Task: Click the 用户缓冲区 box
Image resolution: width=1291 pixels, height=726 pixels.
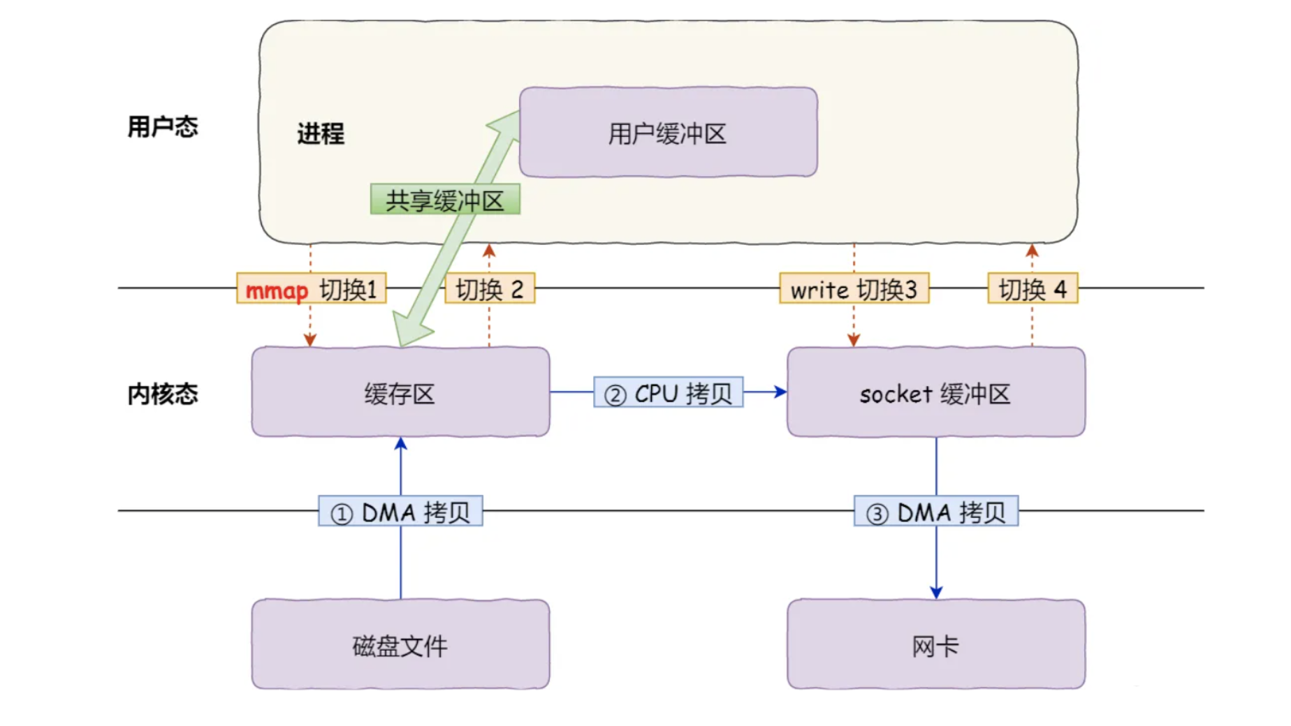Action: click(x=668, y=133)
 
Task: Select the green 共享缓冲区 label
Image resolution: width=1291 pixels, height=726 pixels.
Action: click(x=445, y=200)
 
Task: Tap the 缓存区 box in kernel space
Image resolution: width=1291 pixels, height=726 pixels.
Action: click(x=400, y=393)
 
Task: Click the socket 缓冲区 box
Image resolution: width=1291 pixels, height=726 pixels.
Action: click(x=935, y=393)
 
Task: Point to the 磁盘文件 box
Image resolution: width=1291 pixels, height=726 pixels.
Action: click(x=400, y=645)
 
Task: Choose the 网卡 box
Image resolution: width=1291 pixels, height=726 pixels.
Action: click(x=935, y=645)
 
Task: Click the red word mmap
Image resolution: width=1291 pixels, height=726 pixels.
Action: click(x=277, y=290)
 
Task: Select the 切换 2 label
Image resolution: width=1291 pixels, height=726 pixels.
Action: click(x=490, y=289)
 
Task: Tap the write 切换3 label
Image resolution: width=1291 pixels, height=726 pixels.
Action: click(x=854, y=289)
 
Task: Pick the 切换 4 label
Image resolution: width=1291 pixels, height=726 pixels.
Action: click(x=1032, y=289)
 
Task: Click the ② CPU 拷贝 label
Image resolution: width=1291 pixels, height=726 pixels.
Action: click(x=669, y=393)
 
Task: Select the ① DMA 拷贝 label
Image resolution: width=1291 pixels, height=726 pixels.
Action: click(x=400, y=512)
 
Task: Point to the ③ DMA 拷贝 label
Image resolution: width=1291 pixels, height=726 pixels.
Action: click(x=935, y=512)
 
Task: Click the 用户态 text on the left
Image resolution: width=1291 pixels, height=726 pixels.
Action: click(x=163, y=127)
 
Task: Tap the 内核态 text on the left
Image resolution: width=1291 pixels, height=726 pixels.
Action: click(x=163, y=394)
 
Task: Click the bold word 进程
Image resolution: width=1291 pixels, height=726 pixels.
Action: click(x=321, y=133)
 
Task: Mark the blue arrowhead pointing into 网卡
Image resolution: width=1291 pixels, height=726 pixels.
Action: click(x=936, y=592)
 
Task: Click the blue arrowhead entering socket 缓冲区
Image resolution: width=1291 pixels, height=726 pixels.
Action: click(x=780, y=392)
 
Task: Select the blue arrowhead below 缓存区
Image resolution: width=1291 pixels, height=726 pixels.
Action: click(x=401, y=445)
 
